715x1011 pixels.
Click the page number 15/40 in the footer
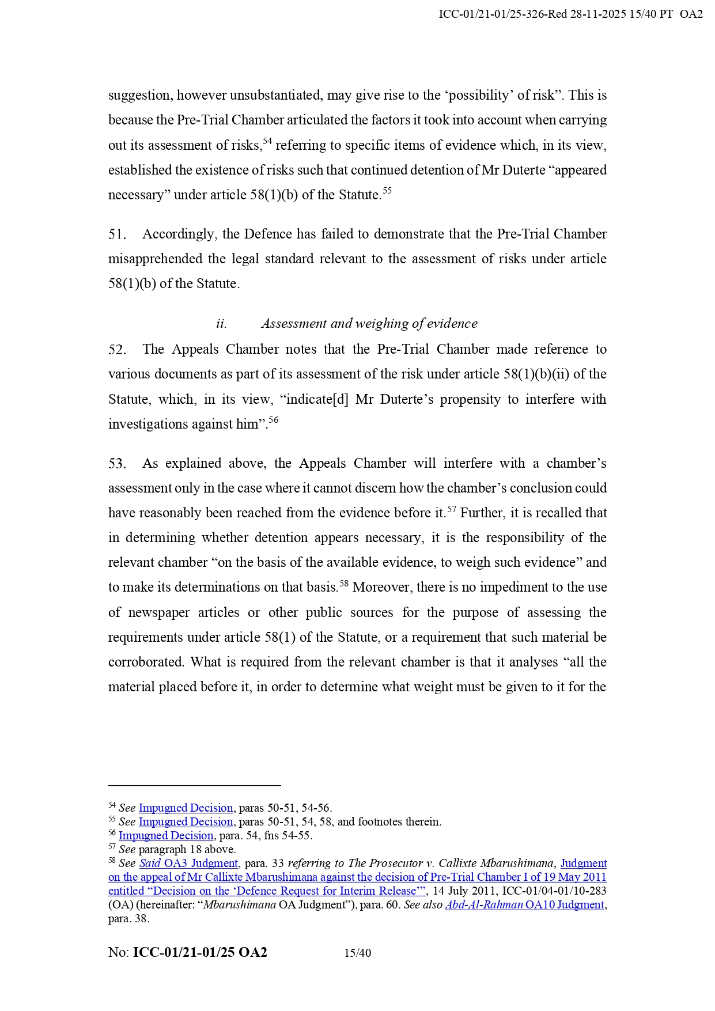357,953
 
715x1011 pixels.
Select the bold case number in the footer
200,952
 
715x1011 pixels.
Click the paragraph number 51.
117,234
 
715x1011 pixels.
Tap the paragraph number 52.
117,350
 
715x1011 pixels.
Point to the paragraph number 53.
117,464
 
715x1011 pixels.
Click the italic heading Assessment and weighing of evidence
369,324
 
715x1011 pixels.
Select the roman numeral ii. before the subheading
221,324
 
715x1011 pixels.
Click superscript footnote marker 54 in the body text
267,141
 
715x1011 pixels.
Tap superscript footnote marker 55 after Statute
387,191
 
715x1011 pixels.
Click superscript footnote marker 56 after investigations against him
274,420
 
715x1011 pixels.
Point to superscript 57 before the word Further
452,509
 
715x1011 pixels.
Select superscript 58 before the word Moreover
344,584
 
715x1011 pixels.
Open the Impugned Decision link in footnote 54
186,808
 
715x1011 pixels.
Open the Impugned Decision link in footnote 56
166,836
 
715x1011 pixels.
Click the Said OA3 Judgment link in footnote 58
188,864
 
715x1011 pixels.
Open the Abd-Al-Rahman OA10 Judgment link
524,905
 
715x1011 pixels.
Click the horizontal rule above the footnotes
194,785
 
